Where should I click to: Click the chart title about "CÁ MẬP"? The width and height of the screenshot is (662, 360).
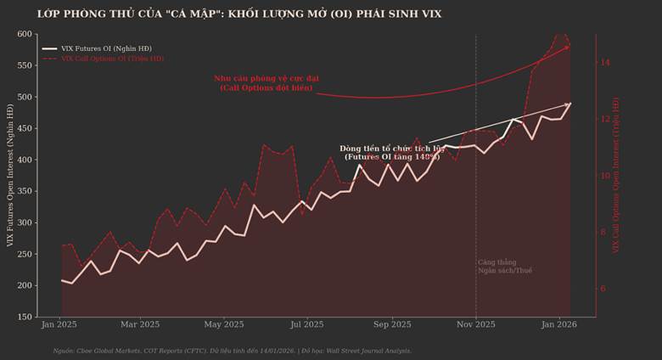(x=239, y=14)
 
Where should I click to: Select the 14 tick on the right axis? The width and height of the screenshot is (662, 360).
(x=605, y=62)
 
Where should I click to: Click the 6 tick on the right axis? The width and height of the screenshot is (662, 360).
(x=603, y=289)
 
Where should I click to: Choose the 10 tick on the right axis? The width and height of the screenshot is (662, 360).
(x=605, y=176)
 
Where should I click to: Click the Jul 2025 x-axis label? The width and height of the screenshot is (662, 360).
(x=306, y=324)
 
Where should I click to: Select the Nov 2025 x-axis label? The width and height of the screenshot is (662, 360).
(x=475, y=324)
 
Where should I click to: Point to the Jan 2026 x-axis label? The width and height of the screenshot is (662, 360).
(x=558, y=324)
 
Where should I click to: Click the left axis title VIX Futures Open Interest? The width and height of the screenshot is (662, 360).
(x=10, y=176)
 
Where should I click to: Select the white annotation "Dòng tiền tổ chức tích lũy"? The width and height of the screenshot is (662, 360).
(x=391, y=153)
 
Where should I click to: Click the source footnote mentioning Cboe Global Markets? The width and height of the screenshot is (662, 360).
(x=232, y=350)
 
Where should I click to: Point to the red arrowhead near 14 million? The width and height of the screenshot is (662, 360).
(x=567, y=48)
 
